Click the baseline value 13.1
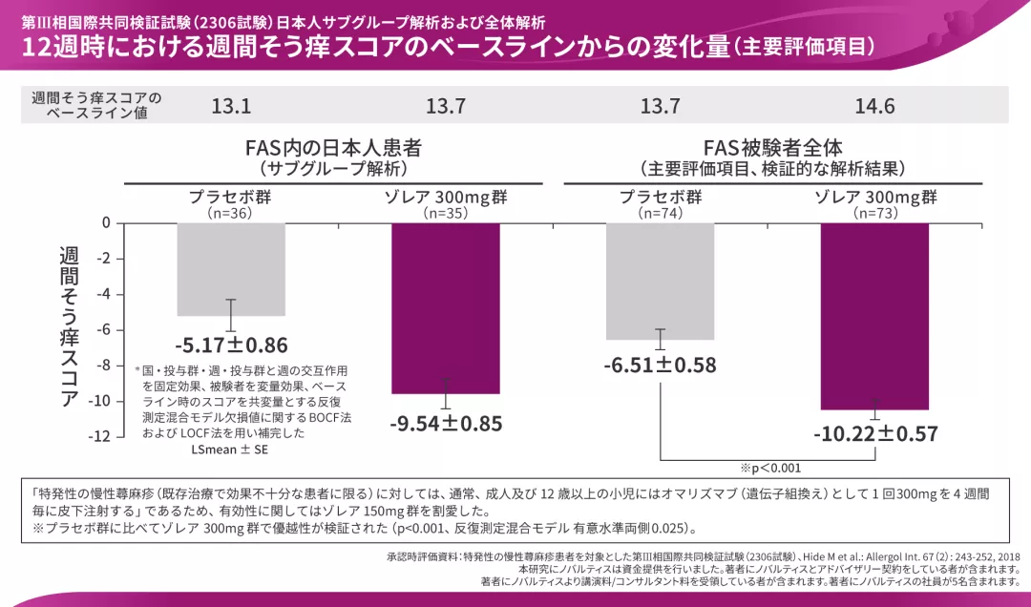(x=231, y=107)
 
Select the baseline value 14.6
(x=874, y=107)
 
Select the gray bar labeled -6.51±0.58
(x=660, y=282)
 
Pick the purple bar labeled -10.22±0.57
(x=874, y=316)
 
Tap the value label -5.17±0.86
(x=231, y=345)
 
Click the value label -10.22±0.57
(x=874, y=434)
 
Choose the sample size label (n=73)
(x=874, y=215)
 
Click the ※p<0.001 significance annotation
(x=770, y=468)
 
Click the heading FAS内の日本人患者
(x=333, y=149)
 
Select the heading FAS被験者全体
(x=772, y=149)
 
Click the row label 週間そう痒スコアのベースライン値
(x=96, y=106)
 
